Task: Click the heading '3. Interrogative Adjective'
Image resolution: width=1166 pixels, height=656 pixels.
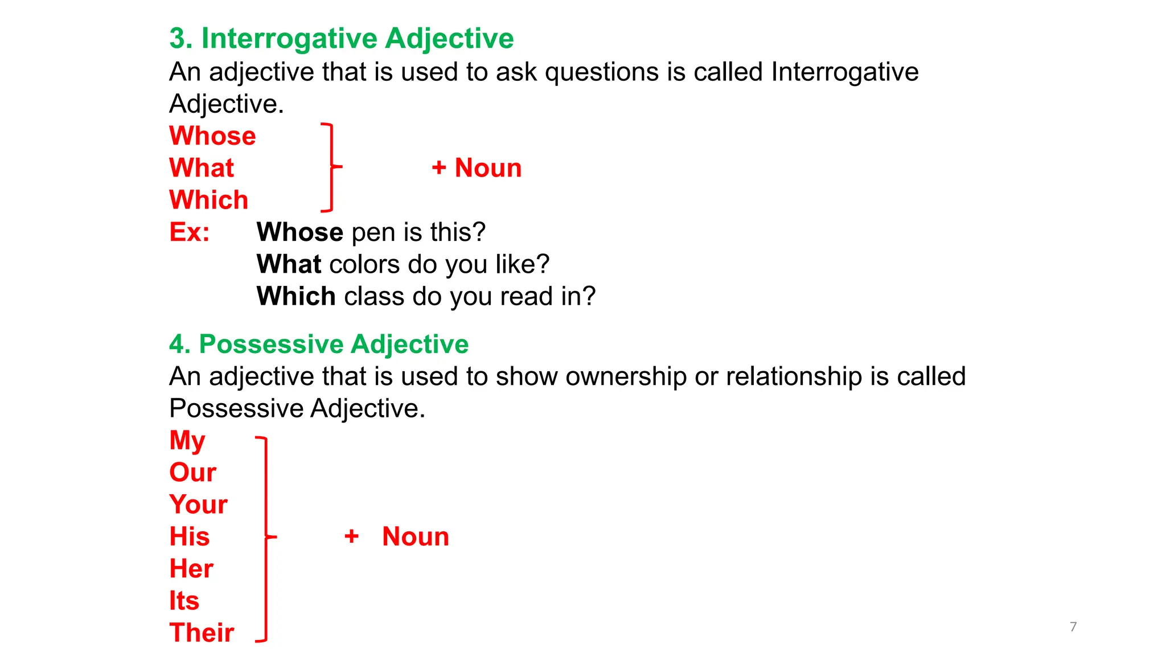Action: [x=342, y=39]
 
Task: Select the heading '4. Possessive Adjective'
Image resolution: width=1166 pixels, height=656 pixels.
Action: [x=319, y=344]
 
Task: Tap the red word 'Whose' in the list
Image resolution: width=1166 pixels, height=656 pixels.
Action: [x=212, y=136]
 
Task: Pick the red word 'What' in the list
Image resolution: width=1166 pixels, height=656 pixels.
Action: [x=202, y=168]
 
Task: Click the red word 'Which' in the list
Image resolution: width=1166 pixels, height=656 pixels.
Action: [x=209, y=200]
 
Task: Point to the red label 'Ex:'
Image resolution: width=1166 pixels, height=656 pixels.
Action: [x=190, y=232]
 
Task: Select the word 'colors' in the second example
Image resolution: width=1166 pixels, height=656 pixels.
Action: [x=364, y=264]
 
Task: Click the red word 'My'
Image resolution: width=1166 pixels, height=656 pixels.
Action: [x=187, y=441]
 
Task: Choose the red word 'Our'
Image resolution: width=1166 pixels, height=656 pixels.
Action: [x=192, y=473]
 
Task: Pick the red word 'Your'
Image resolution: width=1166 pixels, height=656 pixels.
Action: [x=198, y=505]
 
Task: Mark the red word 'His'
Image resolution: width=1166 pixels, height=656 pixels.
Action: [x=190, y=536]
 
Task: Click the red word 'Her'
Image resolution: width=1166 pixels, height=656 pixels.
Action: [x=191, y=568]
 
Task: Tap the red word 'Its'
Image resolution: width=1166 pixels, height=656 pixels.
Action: [x=184, y=601]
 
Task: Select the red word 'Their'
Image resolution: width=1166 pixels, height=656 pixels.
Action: [x=202, y=633]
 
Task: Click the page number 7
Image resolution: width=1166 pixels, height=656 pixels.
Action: [x=1073, y=627]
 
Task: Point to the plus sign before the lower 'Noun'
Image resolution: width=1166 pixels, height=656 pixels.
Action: [x=352, y=536]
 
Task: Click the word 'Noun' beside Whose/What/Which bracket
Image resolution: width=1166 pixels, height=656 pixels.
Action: [x=488, y=168]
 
